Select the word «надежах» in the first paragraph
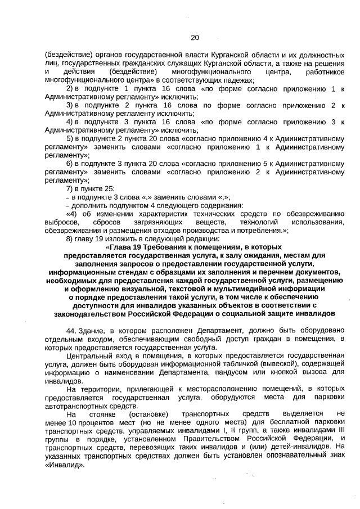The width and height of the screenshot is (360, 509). tap(239, 80)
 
